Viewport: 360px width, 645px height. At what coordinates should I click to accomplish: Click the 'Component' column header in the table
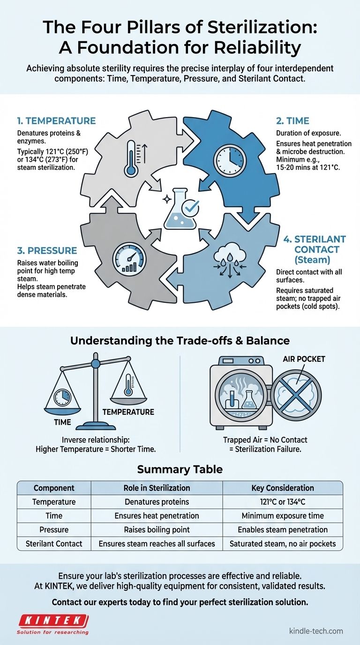(x=53, y=488)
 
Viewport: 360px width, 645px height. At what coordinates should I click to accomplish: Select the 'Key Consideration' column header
(x=283, y=488)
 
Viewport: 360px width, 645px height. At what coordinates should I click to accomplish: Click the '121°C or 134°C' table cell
(x=283, y=502)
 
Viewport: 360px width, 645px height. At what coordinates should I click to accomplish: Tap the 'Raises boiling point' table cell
(x=157, y=530)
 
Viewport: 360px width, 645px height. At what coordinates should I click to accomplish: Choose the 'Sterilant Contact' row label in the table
(x=53, y=544)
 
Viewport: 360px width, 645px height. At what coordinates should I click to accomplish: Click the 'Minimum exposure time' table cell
(x=283, y=516)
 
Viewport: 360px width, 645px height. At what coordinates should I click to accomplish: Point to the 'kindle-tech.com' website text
(x=316, y=630)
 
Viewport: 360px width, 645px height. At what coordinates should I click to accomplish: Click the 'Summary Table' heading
(x=180, y=469)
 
